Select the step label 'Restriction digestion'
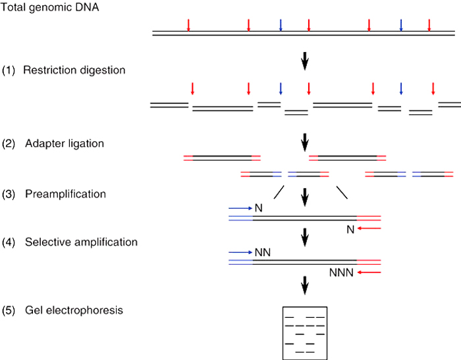click(74, 70)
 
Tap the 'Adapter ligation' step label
click(65, 143)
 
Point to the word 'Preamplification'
click(65, 194)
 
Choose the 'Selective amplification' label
click(81, 242)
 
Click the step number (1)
click(9, 70)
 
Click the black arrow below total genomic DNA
click(305, 61)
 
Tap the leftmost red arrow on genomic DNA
click(188, 25)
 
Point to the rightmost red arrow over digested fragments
click(433, 89)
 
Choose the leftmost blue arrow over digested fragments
click(281, 89)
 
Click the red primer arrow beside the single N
click(370, 228)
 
